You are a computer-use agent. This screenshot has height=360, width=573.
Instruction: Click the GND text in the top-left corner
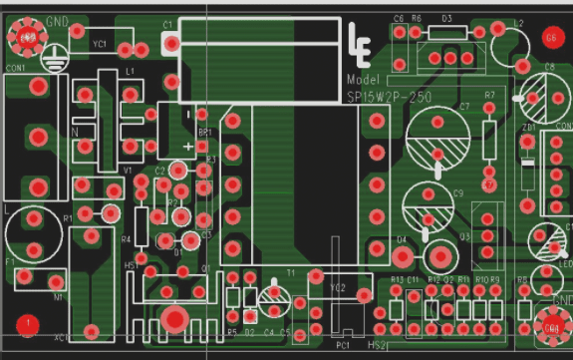(58, 22)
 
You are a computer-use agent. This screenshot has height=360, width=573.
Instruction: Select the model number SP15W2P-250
(390, 97)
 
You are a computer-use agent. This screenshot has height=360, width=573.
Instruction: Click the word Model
(364, 79)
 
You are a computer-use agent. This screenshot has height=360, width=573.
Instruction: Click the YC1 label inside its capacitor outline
(99, 45)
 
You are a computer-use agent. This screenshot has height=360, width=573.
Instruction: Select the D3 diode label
(446, 19)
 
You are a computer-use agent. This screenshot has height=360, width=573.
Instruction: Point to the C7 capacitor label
(463, 106)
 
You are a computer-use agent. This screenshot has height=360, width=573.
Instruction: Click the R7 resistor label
(489, 96)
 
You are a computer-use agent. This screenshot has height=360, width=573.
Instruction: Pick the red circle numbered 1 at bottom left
(28, 323)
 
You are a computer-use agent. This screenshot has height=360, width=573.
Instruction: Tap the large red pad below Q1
(175, 318)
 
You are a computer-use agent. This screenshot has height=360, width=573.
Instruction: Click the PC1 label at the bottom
(343, 345)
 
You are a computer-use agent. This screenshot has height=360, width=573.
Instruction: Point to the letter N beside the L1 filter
(75, 132)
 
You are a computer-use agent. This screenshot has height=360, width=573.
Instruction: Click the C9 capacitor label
(458, 192)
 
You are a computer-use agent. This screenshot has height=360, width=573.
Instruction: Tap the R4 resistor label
(126, 240)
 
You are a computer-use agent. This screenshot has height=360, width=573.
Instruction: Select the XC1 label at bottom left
(62, 338)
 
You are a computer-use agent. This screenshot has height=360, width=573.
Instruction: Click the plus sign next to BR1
(189, 147)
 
